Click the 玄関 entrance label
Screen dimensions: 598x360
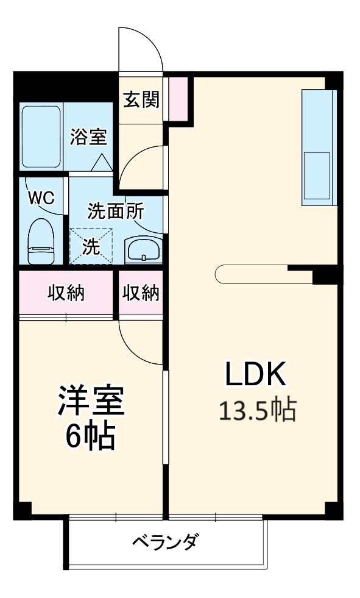point(141,100)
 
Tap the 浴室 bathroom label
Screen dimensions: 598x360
point(88,137)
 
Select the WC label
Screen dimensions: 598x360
point(41,198)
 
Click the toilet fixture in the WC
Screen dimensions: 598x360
point(41,241)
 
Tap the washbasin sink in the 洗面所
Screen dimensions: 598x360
point(143,250)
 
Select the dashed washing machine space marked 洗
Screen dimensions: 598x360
point(91,247)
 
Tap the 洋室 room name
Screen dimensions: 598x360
point(91,401)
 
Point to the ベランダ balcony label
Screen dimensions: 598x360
point(164,541)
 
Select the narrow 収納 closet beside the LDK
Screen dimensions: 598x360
point(141,293)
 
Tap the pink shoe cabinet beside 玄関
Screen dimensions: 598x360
point(178,99)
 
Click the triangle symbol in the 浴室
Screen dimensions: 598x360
point(102,162)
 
